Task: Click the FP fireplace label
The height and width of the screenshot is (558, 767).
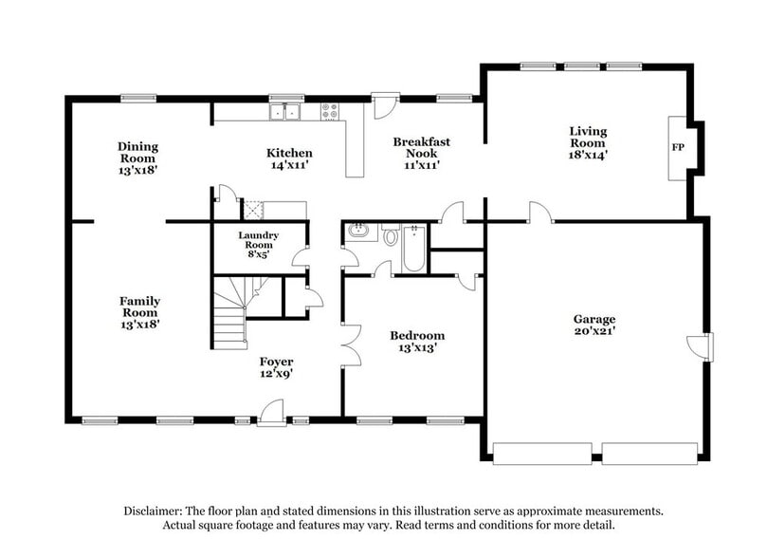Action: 678,148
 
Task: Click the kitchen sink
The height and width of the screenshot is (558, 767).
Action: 284,113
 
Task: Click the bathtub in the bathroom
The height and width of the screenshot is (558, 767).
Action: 415,247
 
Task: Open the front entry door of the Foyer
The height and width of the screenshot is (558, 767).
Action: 271,413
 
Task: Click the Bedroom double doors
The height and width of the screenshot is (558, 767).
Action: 351,345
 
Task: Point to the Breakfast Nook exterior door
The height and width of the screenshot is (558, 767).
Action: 385,105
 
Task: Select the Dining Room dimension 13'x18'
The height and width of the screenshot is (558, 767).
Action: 137,172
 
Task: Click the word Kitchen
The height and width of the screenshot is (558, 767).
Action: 289,153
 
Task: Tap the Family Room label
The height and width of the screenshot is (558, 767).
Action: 139,307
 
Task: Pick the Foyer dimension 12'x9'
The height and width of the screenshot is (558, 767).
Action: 277,374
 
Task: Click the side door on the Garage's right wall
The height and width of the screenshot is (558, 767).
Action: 706,346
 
